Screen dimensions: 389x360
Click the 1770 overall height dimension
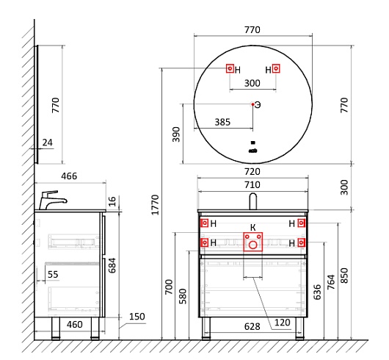(x=155, y=205)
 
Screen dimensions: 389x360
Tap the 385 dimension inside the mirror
(x=222, y=122)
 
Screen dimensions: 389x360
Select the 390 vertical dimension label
(x=176, y=134)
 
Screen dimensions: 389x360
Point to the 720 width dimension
(x=252, y=172)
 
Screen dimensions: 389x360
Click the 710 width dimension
(x=252, y=185)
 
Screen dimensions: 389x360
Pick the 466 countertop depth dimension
(x=69, y=176)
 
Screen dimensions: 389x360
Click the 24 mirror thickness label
(x=48, y=143)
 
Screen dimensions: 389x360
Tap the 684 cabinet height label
(x=112, y=265)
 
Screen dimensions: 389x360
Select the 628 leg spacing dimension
(x=252, y=327)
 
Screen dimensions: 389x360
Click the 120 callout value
(x=283, y=323)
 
